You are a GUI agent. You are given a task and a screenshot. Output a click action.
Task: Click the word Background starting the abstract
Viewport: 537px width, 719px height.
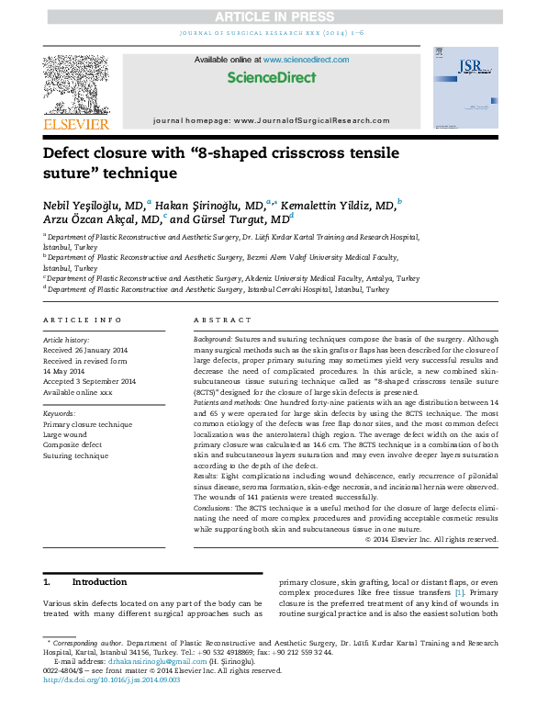(214, 339)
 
